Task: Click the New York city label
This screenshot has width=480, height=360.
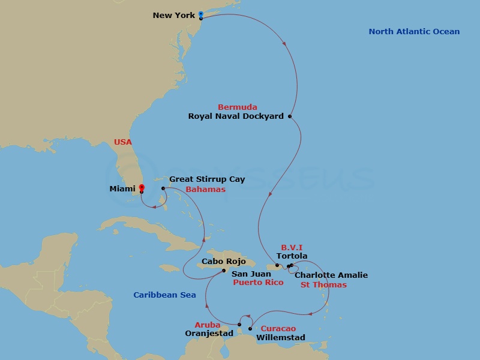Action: click(174, 15)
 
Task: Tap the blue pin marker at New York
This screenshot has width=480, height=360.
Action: click(200, 14)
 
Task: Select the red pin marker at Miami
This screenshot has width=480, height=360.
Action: click(142, 188)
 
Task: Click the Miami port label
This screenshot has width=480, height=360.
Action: click(122, 189)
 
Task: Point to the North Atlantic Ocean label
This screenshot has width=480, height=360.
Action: click(414, 32)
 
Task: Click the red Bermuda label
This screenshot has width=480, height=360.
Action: click(238, 107)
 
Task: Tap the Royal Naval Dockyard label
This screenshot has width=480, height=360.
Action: click(236, 116)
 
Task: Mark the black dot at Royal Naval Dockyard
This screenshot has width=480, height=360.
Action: click(290, 116)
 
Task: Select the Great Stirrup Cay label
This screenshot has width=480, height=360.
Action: click(207, 179)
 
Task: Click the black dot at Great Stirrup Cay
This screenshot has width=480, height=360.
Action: click(163, 188)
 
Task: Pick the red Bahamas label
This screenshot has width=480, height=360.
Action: click(206, 190)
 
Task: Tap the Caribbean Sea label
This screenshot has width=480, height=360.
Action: click(164, 295)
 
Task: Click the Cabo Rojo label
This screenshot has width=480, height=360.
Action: click(221, 262)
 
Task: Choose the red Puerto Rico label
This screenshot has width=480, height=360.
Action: click(258, 283)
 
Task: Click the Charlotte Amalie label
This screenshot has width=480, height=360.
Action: click(331, 275)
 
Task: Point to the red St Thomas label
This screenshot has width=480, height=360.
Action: click(323, 285)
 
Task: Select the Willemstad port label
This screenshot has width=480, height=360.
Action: click(280, 338)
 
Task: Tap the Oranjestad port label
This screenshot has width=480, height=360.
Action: click(209, 334)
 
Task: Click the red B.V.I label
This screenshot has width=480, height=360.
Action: click(292, 247)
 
